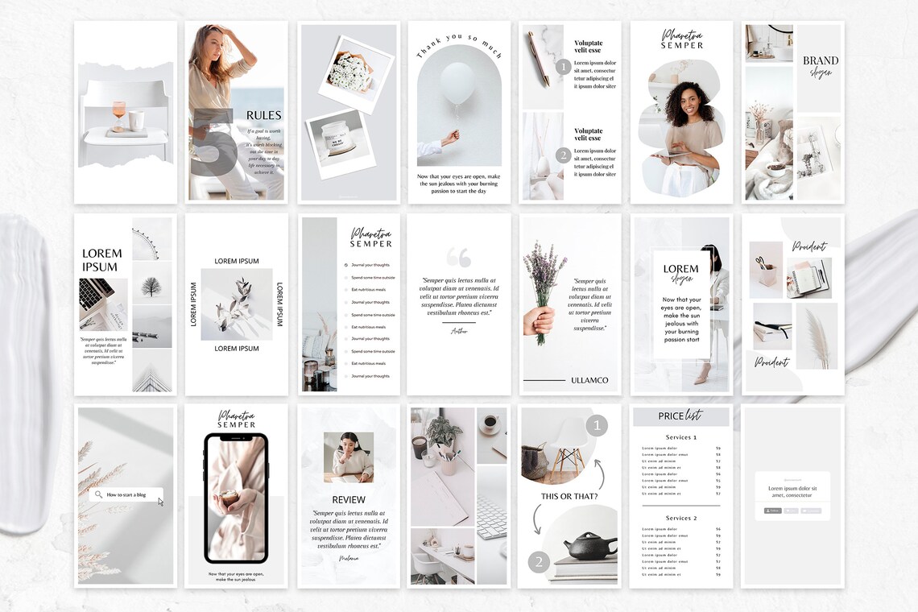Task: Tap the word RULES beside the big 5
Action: (x=263, y=115)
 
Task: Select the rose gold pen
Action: (x=538, y=58)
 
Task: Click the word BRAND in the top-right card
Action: (x=820, y=60)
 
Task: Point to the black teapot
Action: (x=590, y=545)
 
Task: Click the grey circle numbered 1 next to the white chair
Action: (x=596, y=425)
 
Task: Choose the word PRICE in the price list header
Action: (x=671, y=416)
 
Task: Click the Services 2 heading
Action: (x=680, y=518)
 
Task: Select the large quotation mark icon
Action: (x=458, y=257)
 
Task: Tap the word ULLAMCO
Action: (x=589, y=380)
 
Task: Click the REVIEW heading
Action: (x=349, y=499)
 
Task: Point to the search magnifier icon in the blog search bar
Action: (x=98, y=494)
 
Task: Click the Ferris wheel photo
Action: (x=151, y=238)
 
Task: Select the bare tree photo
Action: (x=151, y=284)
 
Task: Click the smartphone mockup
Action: (x=235, y=498)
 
